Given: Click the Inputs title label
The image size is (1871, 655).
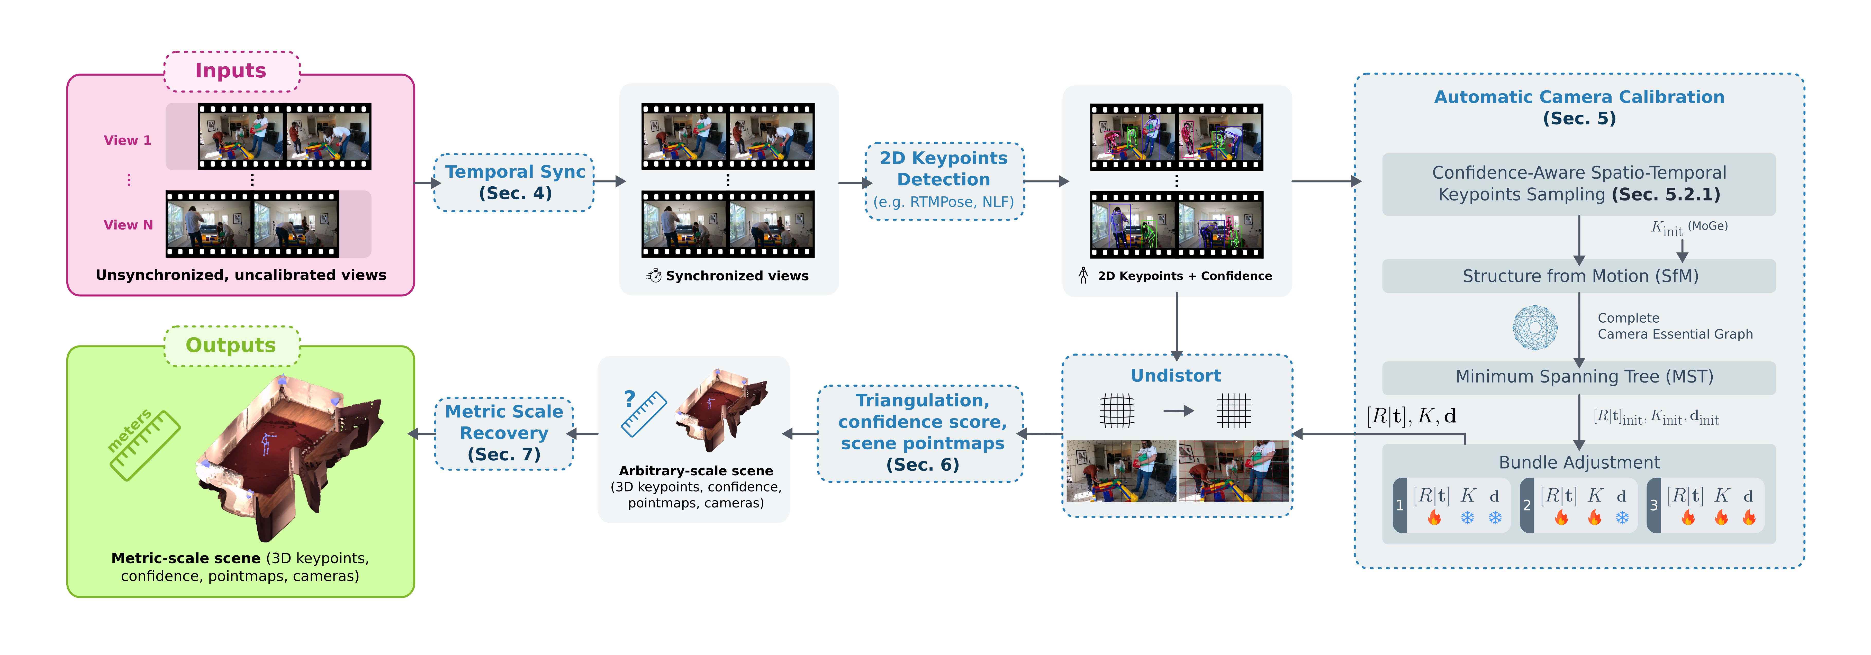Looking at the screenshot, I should (x=231, y=70).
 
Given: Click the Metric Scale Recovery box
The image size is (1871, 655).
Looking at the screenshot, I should (x=504, y=433).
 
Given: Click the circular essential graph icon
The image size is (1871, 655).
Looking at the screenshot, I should (x=1535, y=327).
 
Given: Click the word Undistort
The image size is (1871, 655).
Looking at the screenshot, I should (x=1176, y=375).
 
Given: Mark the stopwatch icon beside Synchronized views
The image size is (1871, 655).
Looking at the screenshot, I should (x=654, y=276).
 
